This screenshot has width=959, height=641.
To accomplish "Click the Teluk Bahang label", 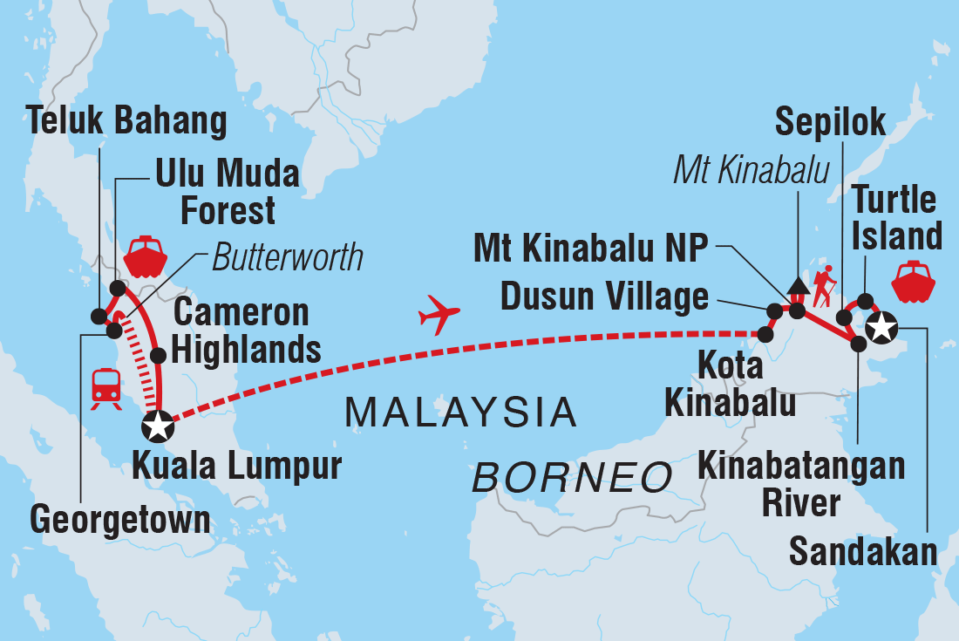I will (127, 121).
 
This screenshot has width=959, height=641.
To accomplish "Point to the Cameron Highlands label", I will (246, 331).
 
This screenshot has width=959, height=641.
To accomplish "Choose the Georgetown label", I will (119, 519).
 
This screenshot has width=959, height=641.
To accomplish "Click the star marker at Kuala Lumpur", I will (158, 426).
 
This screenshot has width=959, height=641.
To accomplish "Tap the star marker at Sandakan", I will (881, 328).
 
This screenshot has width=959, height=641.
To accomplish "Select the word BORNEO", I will (573, 478).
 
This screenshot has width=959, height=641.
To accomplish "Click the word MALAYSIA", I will (461, 412).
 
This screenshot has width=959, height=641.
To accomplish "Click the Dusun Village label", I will (604, 297).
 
